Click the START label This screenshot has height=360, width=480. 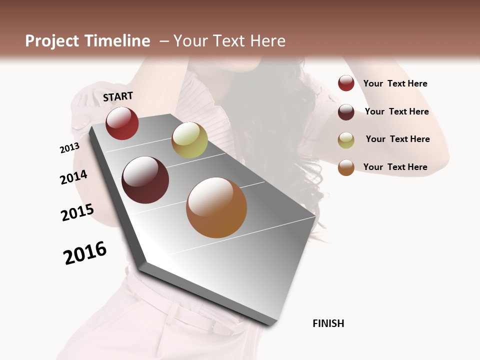coord(118,96)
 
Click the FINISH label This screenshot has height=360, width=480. coord(328,323)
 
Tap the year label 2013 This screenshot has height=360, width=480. coord(69,148)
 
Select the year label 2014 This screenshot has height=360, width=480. coord(73,177)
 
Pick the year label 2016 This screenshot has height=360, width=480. coord(85,253)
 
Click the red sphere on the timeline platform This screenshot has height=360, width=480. coord(122,123)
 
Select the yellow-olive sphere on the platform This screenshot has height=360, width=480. coord(189,140)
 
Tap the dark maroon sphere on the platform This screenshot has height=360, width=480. coord(145,180)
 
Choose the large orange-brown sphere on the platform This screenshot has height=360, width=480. coord(216,207)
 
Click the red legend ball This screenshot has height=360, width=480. coord(346,83)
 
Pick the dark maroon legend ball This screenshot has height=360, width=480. coord(346,112)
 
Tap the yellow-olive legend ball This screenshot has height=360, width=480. coord(346,140)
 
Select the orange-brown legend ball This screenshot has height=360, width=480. coord(346,167)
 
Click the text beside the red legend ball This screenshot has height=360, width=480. coord(395,83)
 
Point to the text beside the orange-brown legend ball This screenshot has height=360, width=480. coord(395,167)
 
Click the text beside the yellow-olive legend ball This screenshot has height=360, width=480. coord(397,139)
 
